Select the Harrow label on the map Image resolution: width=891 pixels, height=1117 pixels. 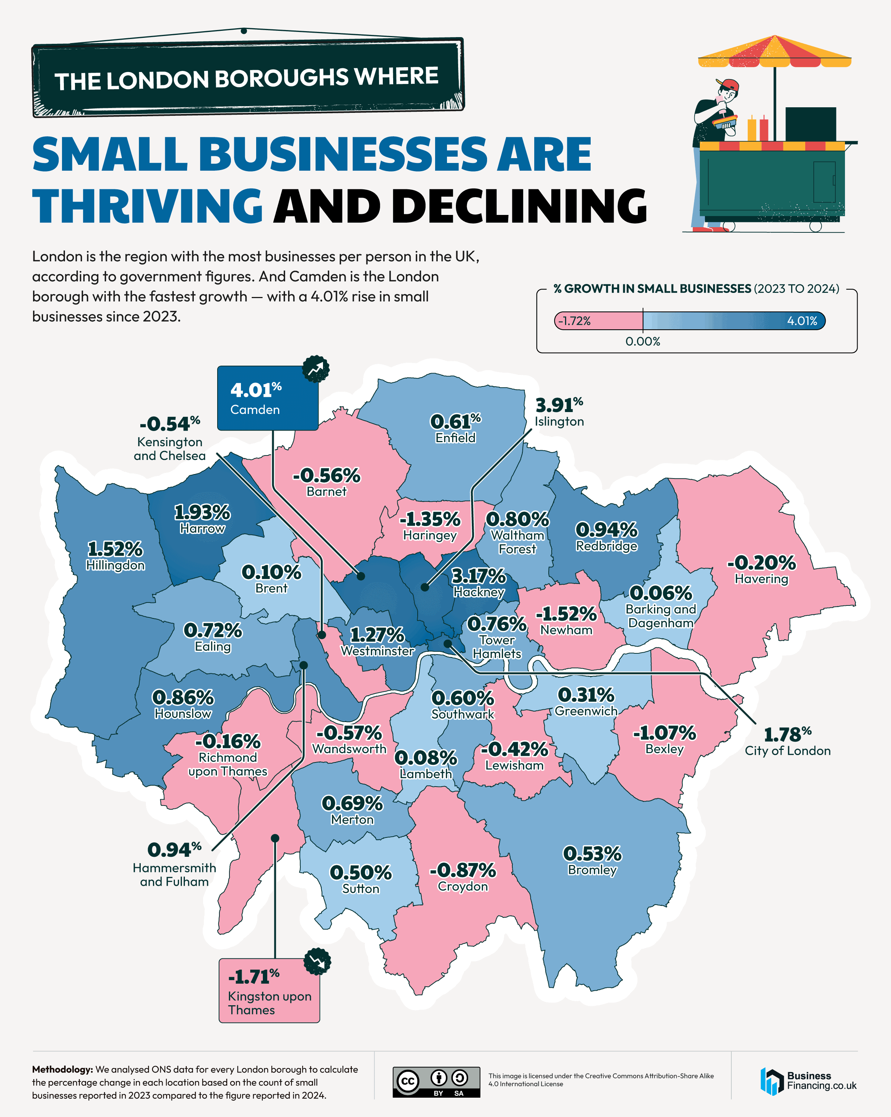point(202,529)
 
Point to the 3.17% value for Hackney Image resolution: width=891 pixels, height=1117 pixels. point(478,576)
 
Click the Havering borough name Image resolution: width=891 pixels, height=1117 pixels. point(761,579)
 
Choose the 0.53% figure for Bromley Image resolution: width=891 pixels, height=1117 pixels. point(592,854)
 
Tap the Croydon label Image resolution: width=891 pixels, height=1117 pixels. point(463,886)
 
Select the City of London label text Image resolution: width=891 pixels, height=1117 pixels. point(787,751)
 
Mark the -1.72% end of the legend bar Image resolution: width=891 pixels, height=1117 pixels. point(574,321)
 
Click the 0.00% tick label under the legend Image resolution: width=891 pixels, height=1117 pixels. point(642,342)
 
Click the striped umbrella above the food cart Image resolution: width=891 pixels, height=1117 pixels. point(774,52)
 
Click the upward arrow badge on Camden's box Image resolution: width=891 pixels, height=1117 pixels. point(316,369)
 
